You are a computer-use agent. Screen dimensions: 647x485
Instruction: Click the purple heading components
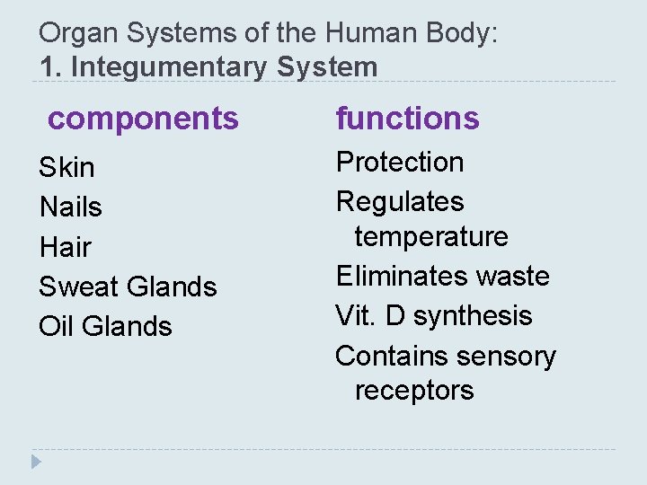(x=144, y=118)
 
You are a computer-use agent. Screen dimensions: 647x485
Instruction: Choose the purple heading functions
(x=408, y=118)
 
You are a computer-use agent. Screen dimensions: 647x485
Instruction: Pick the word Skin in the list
(x=66, y=167)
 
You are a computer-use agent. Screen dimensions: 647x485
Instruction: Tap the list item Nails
(x=71, y=207)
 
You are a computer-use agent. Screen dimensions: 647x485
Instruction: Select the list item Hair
(x=66, y=246)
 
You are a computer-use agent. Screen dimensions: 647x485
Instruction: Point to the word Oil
(x=56, y=326)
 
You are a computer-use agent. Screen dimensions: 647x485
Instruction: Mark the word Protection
(x=400, y=163)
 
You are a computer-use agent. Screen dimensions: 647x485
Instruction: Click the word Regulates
(x=400, y=202)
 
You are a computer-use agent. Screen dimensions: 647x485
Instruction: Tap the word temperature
(x=431, y=237)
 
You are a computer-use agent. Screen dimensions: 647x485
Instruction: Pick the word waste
(x=513, y=276)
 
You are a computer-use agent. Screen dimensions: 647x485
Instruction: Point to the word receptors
(x=414, y=391)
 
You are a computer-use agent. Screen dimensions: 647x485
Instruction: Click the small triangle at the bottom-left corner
(x=36, y=463)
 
